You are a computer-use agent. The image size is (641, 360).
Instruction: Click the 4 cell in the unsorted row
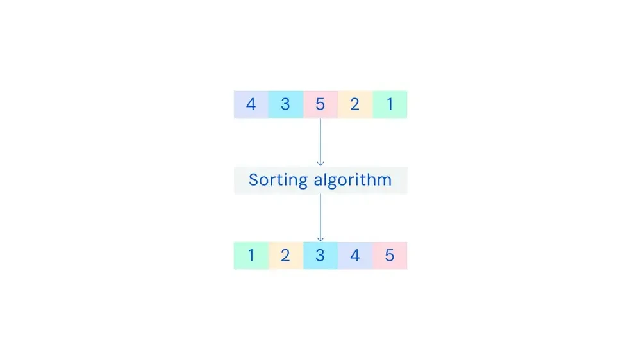251,104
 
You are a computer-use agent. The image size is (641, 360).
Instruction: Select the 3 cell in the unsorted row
286,104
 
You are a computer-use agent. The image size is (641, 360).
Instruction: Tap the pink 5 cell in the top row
320,104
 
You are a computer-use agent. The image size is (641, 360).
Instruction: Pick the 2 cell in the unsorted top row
355,104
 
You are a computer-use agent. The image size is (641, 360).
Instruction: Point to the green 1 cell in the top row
390,104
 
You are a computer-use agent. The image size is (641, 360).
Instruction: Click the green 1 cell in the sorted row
251,256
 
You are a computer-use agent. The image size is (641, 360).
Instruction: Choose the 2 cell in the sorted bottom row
286,256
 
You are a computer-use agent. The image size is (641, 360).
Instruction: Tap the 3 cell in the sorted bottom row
320,256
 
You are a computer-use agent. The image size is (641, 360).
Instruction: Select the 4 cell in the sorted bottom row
355,256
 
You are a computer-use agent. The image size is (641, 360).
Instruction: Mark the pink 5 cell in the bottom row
390,256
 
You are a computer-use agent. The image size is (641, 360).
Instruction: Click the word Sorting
278,180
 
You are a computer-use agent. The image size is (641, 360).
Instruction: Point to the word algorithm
353,180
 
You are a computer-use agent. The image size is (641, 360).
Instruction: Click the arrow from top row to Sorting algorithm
320,142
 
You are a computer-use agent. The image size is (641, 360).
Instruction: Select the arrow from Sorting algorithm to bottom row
320,218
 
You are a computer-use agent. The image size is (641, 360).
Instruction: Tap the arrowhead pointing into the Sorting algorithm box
320,163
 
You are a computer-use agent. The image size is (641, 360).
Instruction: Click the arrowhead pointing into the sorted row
320,239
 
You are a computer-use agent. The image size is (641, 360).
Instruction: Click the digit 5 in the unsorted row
320,104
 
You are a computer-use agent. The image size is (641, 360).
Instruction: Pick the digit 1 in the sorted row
251,256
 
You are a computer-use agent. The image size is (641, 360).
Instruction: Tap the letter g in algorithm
330,182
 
